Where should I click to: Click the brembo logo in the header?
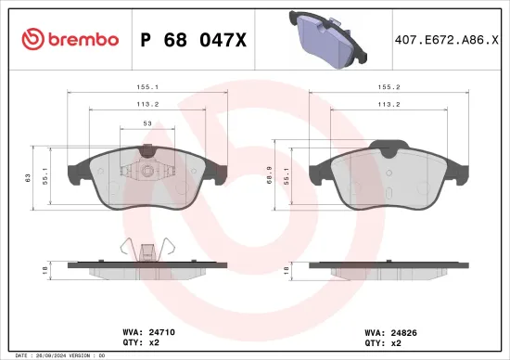(x=70, y=39)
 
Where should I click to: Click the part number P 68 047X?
(x=192, y=39)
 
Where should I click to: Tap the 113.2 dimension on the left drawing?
(x=144, y=104)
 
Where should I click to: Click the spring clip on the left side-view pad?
(x=145, y=249)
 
